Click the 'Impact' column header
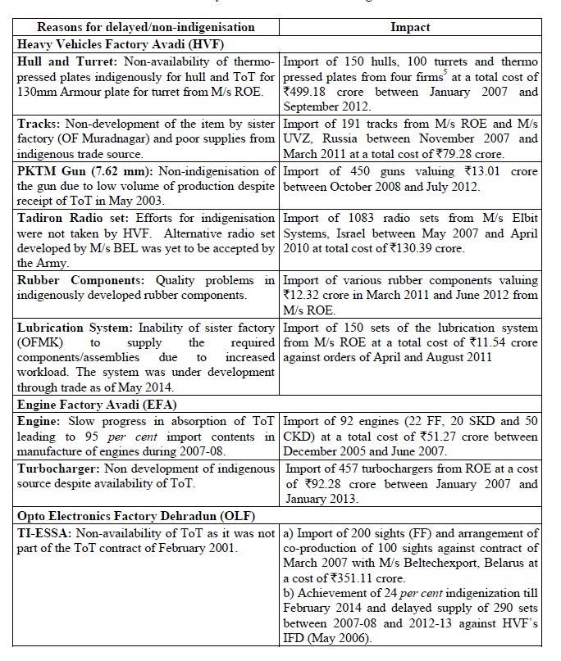click(x=410, y=27)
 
